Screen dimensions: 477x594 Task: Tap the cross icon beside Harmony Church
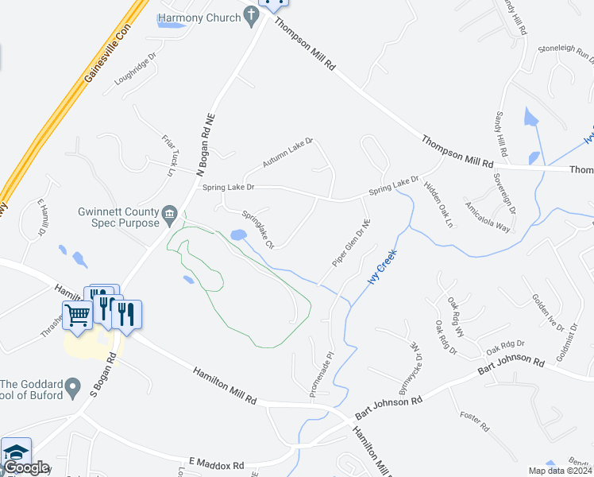point(251,14)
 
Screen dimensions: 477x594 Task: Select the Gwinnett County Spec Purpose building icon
point(169,213)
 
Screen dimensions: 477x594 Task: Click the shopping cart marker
point(78,315)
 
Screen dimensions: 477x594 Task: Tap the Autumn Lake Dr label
point(288,152)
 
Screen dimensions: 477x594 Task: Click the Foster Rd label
point(474,422)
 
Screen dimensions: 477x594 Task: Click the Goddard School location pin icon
point(73,389)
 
